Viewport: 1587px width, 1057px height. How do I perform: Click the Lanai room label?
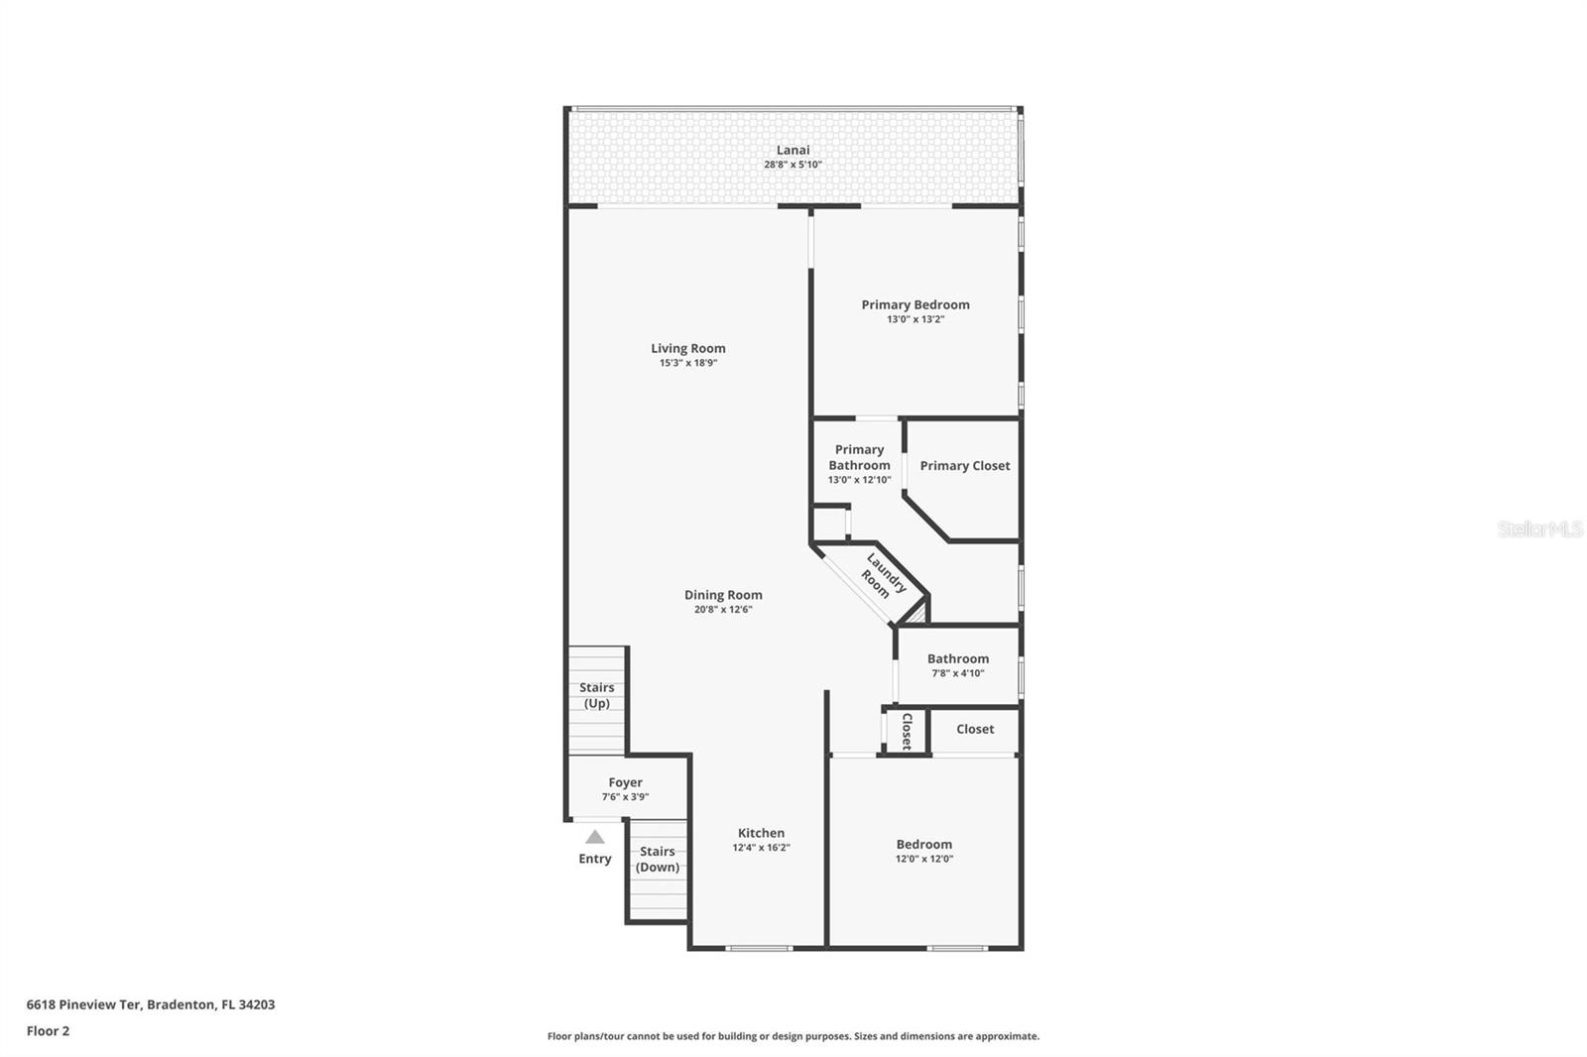[x=793, y=150]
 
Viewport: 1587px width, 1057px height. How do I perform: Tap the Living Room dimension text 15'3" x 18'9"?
[x=687, y=363]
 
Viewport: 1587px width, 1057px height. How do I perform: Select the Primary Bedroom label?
[x=915, y=304]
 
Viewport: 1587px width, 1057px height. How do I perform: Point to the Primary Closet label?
[x=964, y=465]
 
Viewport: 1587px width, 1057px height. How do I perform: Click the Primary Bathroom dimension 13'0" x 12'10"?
[x=859, y=480]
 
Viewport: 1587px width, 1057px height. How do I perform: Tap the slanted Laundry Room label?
[x=880, y=576]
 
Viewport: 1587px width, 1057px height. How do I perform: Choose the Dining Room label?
[x=723, y=595]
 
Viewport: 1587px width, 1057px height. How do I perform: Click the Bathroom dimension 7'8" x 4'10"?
[x=957, y=673]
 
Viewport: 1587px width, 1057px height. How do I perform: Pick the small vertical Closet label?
[x=907, y=731]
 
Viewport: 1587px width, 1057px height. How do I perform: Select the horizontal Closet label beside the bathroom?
[x=974, y=729]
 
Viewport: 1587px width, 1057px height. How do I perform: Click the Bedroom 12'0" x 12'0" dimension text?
[x=923, y=859]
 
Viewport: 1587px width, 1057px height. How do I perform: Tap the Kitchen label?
[x=761, y=833]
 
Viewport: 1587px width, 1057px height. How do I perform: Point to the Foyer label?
[x=625, y=782]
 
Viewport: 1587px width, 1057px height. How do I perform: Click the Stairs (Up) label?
[x=596, y=695]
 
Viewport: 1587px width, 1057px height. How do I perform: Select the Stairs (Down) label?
[x=657, y=859]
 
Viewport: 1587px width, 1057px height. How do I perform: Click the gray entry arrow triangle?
[x=594, y=837]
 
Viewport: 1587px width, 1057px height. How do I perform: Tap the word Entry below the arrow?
[x=594, y=859]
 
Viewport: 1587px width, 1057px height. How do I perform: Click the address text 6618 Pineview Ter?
[x=84, y=1004]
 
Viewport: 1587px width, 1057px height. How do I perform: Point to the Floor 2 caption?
[x=48, y=1031]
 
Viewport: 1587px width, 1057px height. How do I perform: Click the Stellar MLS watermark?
[x=1539, y=529]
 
